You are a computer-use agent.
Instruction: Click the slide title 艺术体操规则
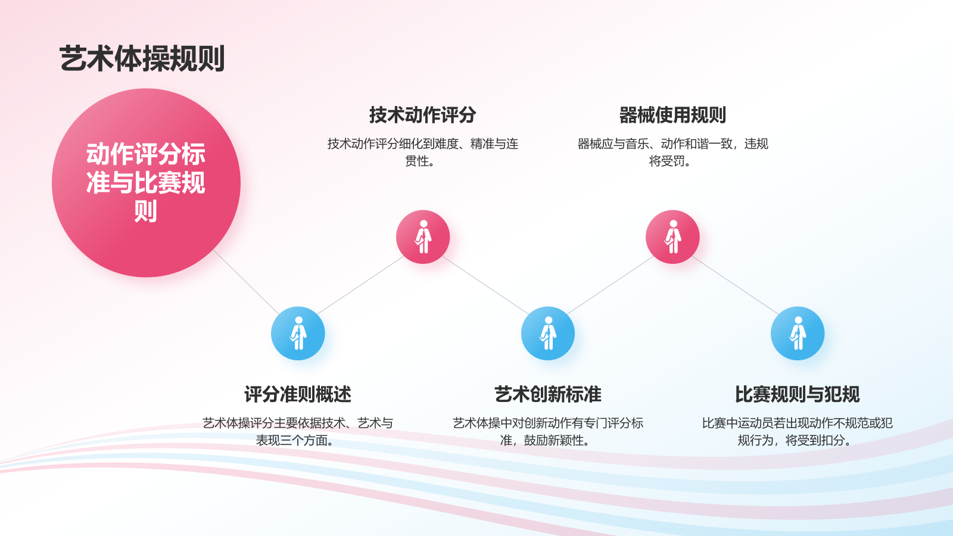tap(142, 58)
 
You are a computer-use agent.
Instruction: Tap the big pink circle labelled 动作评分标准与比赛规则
tap(147, 183)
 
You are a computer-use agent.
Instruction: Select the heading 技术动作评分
tap(422, 115)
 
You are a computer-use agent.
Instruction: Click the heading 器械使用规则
tap(672, 115)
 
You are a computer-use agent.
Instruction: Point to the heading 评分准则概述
tap(298, 394)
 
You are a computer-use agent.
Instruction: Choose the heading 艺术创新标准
tap(548, 394)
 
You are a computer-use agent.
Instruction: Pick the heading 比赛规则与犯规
tap(798, 394)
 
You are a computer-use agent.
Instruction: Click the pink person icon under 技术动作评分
tap(423, 237)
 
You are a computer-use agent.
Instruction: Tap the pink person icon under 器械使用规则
tap(672, 237)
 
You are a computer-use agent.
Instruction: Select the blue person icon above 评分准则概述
tap(298, 334)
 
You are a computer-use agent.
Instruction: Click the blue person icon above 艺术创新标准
tap(548, 334)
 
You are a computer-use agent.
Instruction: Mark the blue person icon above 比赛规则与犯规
tap(798, 334)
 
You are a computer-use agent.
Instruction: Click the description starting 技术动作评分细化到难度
tap(422, 152)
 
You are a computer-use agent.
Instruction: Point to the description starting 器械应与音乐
tap(672, 152)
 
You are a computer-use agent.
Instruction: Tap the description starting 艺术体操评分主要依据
tap(298, 431)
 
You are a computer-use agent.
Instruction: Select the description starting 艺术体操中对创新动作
tap(548, 431)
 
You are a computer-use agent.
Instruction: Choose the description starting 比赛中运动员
tap(798, 431)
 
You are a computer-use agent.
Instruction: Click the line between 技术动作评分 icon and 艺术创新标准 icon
tap(485, 285)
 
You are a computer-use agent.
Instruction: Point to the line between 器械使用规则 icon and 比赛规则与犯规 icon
tap(735, 285)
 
